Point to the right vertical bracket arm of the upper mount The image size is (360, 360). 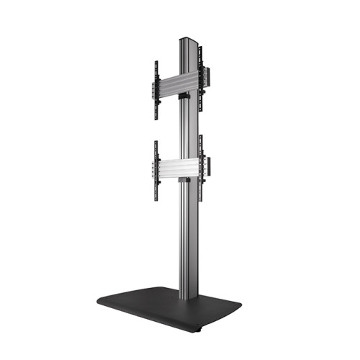tap(201, 79)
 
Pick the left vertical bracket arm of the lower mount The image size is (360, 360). tap(155, 170)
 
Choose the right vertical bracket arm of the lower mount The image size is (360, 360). tap(201, 168)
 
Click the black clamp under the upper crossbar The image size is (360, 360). tap(184, 94)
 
